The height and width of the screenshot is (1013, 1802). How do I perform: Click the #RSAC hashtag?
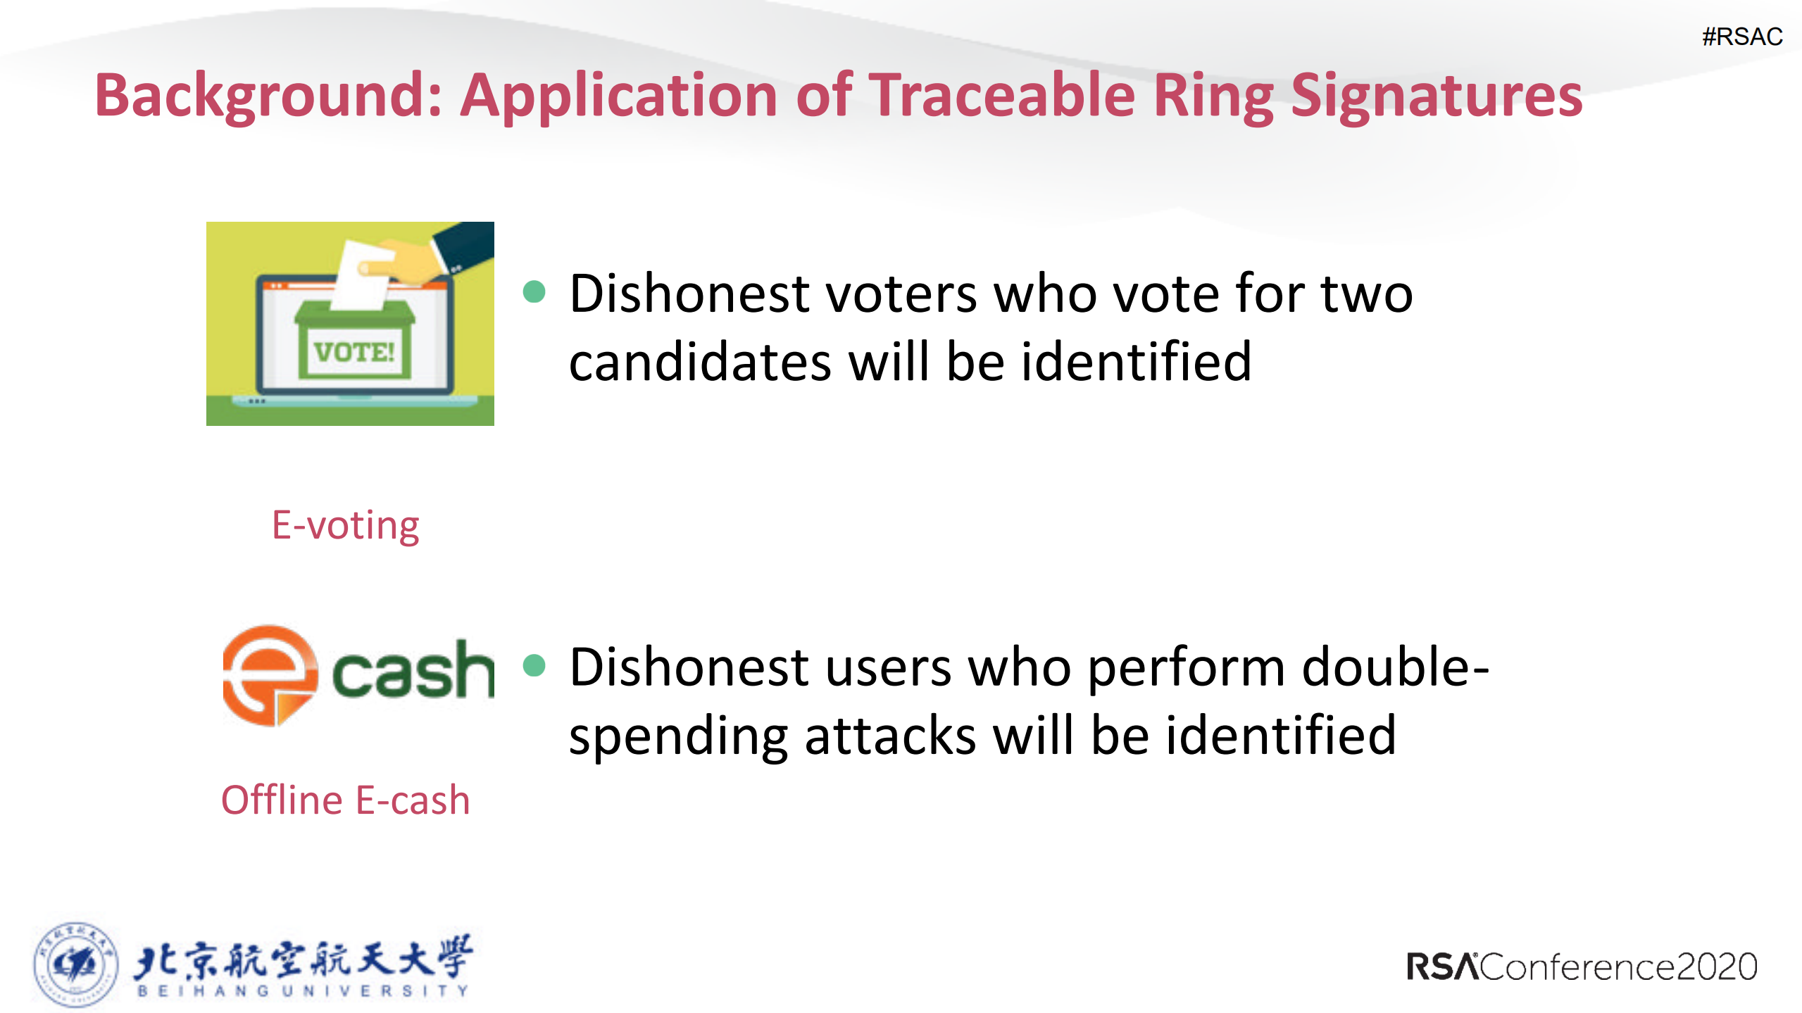[x=1741, y=37]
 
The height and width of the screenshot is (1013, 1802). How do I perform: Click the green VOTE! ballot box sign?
[x=354, y=351]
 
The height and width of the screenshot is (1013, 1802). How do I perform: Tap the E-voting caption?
[x=345, y=525]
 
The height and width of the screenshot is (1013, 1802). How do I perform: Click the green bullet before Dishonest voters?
[x=534, y=291]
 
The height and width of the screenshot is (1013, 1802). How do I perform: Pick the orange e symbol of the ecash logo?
[x=269, y=674]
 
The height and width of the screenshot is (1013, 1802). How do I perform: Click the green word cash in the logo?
[x=413, y=671]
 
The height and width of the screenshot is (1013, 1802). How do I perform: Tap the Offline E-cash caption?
[x=345, y=800]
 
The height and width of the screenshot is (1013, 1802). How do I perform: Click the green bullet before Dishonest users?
[x=534, y=665]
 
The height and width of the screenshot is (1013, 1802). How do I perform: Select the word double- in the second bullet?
[x=1394, y=667]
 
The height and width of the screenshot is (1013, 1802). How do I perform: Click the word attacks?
[x=890, y=736]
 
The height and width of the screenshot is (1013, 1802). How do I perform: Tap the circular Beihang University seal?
[x=75, y=964]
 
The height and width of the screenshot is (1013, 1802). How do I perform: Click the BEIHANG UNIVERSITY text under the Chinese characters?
[x=303, y=990]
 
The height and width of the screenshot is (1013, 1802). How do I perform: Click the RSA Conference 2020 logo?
[x=1581, y=967]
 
